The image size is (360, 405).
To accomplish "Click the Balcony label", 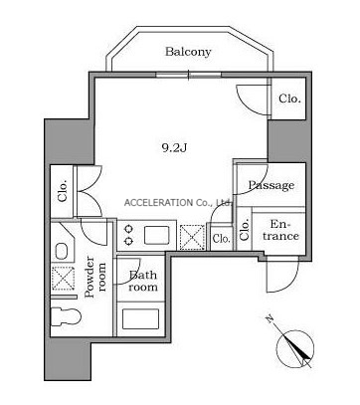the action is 188,52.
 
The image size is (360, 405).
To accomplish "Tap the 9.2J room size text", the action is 174,147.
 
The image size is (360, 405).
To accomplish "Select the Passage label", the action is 271,185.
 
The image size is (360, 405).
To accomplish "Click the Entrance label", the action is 280,230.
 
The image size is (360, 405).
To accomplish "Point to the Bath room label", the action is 143,281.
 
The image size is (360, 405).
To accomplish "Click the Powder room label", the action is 95,277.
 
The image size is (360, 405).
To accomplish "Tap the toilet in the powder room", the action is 66,316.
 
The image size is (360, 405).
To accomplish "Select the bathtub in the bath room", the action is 140,318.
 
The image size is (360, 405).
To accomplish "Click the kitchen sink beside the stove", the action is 157,235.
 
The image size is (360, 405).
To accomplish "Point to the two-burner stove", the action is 128,235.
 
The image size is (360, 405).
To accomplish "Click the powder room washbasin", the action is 62,252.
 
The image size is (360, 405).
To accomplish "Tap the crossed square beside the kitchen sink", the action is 192,237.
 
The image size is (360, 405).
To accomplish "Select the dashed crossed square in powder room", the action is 64,279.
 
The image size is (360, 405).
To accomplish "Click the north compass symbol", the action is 295,348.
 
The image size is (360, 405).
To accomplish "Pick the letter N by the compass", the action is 270,319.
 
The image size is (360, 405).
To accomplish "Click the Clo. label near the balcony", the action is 290,99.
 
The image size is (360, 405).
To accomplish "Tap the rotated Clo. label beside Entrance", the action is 245,231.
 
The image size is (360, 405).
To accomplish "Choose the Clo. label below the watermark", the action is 222,238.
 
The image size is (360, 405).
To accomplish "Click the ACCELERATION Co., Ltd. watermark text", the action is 179,203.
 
